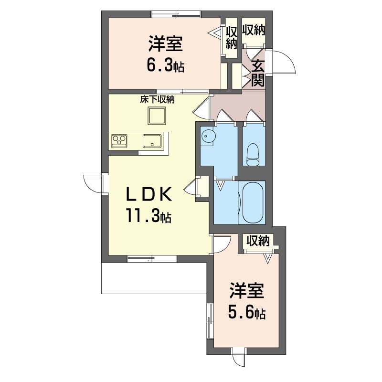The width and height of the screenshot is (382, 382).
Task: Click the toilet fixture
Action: tap(253, 154)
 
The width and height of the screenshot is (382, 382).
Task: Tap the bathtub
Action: tap(253, 202)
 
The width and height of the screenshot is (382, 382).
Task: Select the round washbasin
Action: tap(207, 136)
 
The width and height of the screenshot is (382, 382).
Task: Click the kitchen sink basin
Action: tap(152, 141)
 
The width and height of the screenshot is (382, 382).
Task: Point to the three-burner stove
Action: tap(119, 141)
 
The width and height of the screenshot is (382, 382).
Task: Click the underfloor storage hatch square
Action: tap(157, 116)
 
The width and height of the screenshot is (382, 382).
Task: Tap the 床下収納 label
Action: tap(158, 100)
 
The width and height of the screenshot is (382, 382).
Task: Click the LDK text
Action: tap(149, 194)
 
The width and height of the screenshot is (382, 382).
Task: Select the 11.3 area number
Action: tap(149, 216)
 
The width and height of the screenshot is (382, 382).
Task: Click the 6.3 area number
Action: tap(165, 65)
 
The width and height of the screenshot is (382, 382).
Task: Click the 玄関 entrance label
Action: tap(258, 73)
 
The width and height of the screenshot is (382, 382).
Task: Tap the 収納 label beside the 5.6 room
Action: tap(258, 241)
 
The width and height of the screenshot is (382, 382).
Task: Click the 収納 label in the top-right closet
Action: tap(254, 30)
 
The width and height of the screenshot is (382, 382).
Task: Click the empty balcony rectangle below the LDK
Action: tap(154, 278)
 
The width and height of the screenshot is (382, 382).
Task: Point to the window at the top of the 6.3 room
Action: tap(176, 14)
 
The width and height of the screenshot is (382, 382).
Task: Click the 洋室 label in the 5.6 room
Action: tap(246, 291)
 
